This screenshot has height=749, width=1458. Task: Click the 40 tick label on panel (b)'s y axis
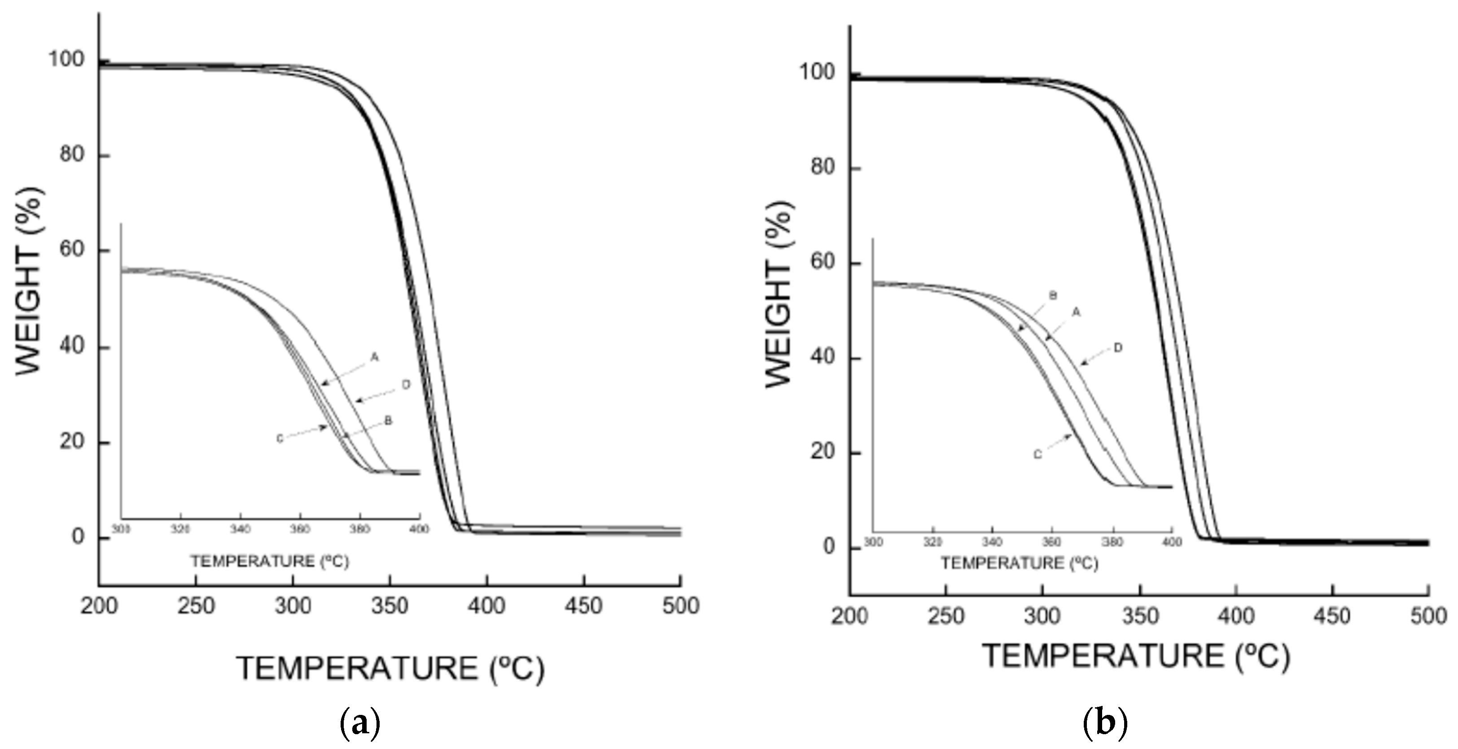click(823, 357)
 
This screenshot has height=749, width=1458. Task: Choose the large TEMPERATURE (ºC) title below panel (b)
click(1136, 656)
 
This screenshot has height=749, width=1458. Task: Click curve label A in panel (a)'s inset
click(374, 357)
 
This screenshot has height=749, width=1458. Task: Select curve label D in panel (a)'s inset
click(406, 385)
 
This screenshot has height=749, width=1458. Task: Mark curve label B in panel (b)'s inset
click(1053, 296)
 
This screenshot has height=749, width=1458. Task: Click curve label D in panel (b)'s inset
click(1117, 348)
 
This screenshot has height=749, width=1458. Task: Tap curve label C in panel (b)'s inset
click(1038, 455)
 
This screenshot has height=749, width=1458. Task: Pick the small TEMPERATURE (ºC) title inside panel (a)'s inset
click(269, 561)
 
